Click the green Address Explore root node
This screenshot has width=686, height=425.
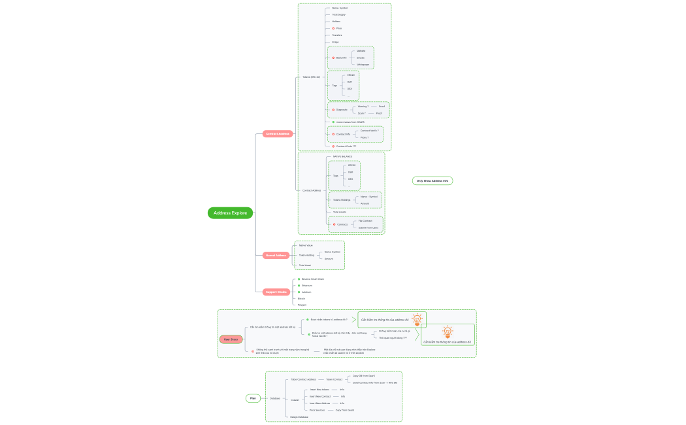coord(231,212)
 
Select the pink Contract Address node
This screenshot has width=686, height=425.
coord(277,133)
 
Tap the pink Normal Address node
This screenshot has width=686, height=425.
coord(276,255)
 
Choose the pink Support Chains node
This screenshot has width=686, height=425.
coord(276,292)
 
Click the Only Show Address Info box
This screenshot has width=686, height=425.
coord(433,180)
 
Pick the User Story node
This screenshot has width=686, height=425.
coord(231,339)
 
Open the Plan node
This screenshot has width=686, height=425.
coord(253,398)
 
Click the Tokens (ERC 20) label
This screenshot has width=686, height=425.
coord(311,77)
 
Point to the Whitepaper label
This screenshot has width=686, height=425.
coord(363,65)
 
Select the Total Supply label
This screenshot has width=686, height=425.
coord(338,14)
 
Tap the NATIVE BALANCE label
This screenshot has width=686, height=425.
coord(342,156)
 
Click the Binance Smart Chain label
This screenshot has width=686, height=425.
coord(312,279)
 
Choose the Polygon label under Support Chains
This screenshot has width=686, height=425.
coord(302,305)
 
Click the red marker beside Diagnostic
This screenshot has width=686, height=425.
coord(333,110)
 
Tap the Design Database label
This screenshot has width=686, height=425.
coord(299,416)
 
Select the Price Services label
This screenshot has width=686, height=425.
coord(317,410)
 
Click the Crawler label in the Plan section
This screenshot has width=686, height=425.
coord(295,399)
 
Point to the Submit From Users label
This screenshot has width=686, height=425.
coord(368,228)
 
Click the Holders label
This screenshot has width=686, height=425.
coord(336,22)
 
